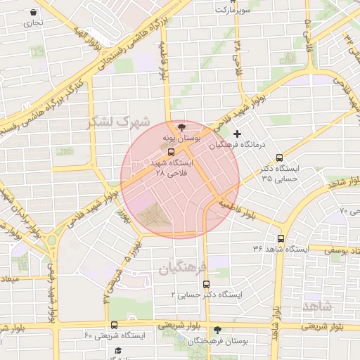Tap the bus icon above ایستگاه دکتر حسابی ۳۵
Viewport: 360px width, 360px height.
coord(281,157)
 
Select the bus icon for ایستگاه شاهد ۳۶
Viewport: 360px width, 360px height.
coord(281,238)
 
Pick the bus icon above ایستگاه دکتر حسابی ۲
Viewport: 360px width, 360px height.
coord(206,284)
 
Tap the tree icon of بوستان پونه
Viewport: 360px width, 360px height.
coord(183,127)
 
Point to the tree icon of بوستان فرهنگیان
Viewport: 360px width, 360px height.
coord(217,328)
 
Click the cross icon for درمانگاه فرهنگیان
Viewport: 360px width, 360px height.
coord(237,134)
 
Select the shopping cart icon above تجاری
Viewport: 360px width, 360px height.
coord(33,12)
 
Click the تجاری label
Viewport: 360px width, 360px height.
coord(32,22)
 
